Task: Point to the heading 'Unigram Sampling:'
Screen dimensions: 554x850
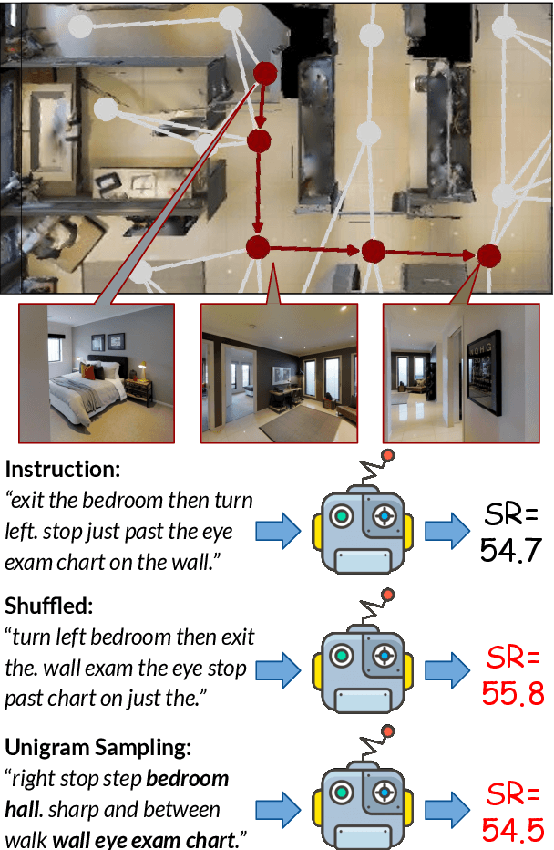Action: (98, 748)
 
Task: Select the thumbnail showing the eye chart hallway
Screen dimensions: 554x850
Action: (461, 373)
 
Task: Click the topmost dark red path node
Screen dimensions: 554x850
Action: (264, 74)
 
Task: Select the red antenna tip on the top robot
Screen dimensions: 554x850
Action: (388, 455)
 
